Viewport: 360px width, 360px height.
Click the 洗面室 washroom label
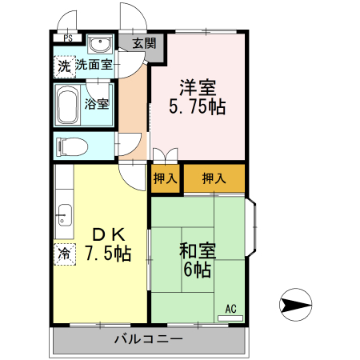94,66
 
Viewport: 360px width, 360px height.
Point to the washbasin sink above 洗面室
99,45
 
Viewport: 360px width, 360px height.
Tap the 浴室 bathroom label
98,104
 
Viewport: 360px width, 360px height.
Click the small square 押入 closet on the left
165,178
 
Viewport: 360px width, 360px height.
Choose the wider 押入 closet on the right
214,178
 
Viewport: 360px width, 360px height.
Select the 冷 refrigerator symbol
63,254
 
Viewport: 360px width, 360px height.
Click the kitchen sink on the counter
64,214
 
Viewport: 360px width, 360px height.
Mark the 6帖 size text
196,270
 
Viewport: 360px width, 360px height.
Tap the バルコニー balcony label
147,338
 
